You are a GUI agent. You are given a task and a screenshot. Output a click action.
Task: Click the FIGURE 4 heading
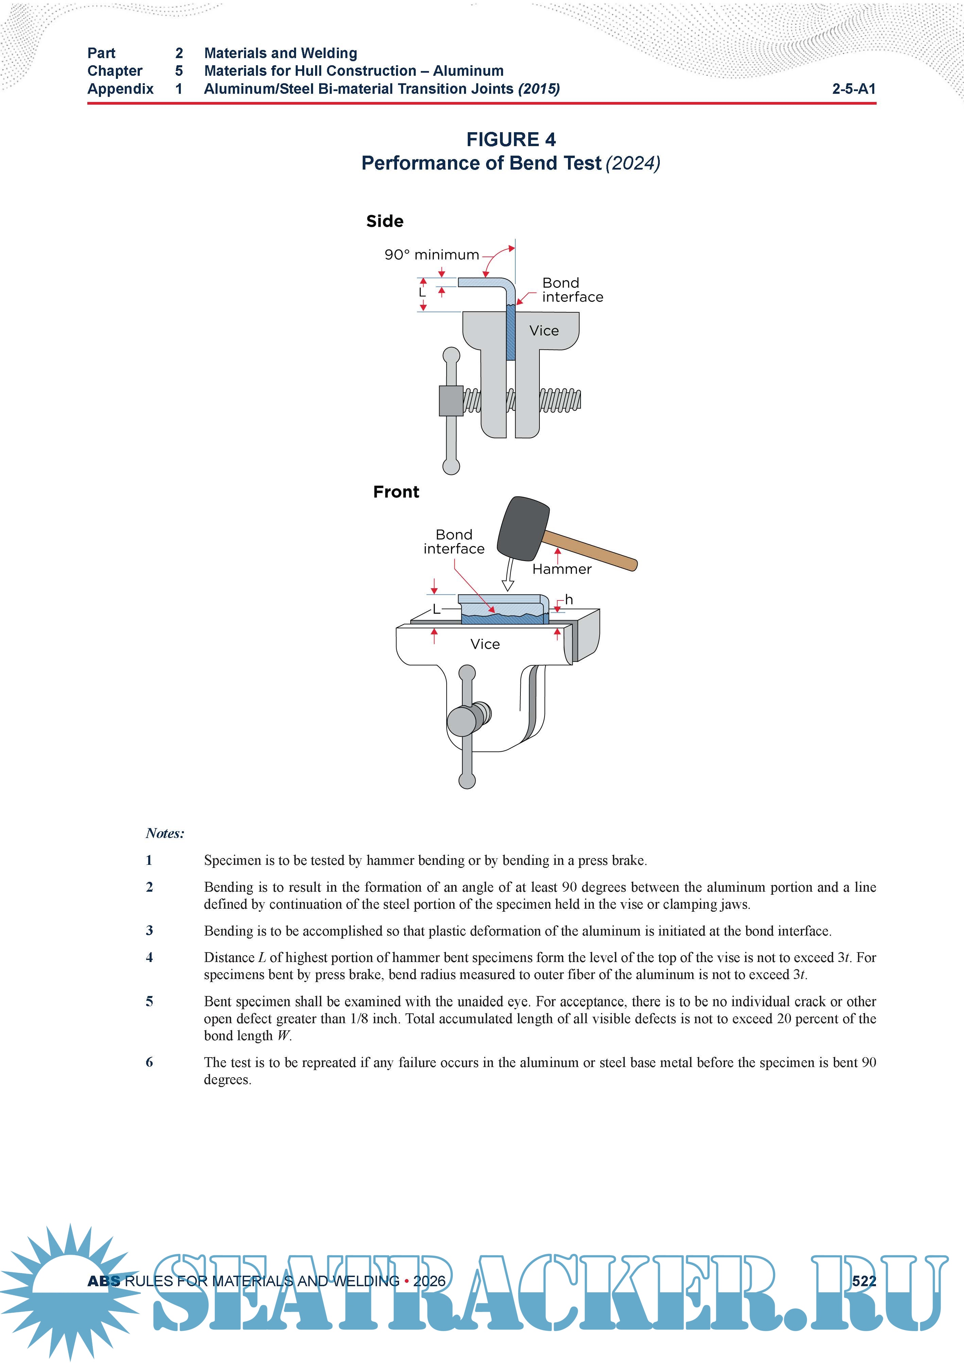(x=511, y=140)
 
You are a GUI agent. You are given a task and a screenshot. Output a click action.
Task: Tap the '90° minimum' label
(x=431, y=255)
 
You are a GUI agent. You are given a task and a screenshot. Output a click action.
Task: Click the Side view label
(x=384, y=222)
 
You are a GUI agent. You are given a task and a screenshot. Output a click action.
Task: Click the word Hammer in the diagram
(x=561, y=569)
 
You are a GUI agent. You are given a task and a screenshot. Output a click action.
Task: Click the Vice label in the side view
(x=544, y=331)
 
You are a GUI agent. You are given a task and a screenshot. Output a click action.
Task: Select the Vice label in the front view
(x=485, y=644)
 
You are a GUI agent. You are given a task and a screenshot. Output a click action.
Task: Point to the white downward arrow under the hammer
(x=508, y=576)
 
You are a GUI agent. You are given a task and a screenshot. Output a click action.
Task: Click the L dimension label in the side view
(x=422, y=293)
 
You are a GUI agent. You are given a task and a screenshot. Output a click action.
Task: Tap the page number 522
(x=864, y=1281)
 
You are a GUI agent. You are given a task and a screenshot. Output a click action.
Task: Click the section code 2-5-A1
(x=854, y=89)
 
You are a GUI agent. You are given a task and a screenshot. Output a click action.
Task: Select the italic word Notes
(x=165, y=834)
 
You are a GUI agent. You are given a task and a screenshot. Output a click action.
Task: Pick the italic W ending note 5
(x=284, y=1036)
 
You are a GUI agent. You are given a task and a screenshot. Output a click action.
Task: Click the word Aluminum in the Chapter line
(x=468, y=71)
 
